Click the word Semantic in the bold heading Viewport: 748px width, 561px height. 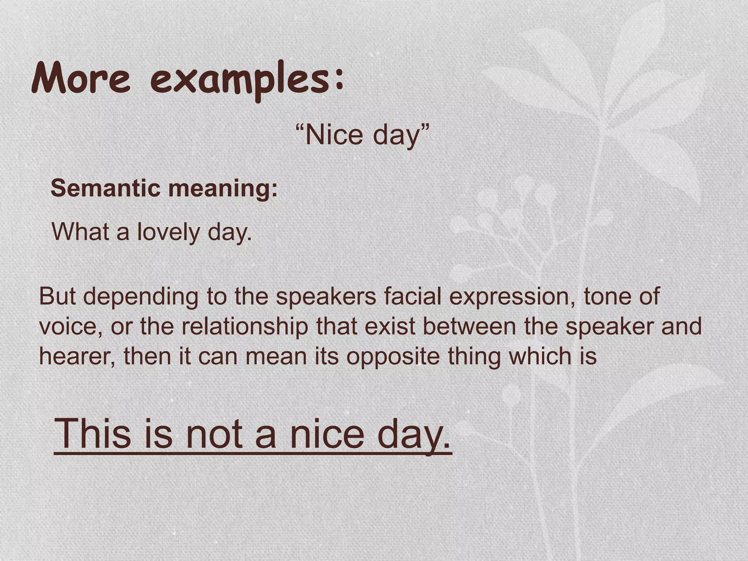click(x=106, y=188)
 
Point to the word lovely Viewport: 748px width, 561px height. click(x=168, y=232)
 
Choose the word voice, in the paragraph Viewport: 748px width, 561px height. click(x=71, y=327)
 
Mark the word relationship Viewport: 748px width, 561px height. click(x=245, y=327)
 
